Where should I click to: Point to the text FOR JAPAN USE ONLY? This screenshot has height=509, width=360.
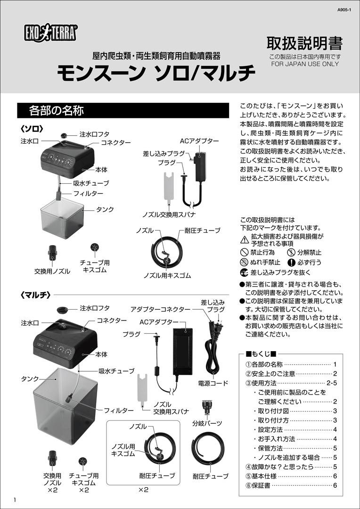(305, 64)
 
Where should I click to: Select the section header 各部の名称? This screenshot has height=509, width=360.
(57, 111)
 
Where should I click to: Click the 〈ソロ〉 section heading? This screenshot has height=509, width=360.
(32, 128)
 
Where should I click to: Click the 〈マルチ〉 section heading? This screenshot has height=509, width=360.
(35, 295)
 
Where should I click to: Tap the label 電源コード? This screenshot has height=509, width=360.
(213, 384)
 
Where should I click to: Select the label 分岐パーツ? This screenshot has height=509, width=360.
(207, 423)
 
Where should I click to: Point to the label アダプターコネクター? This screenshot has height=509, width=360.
(161, 310)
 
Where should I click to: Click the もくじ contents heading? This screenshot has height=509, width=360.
(261, 354)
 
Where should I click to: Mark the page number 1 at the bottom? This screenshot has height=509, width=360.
(16, 500)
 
